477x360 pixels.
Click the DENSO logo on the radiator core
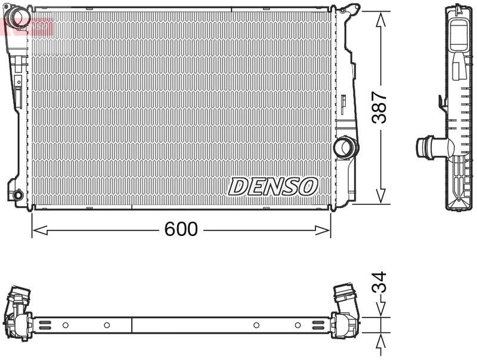[x=272, y=186]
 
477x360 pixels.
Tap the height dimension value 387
[x=379, y=107]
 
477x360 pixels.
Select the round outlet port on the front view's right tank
[x=345, y=147]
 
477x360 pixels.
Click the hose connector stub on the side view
[x=428, y=146]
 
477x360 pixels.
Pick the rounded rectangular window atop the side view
[x=459, y=35]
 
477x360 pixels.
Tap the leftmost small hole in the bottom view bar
[x=66, y=325]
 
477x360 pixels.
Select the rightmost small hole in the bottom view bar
[x=298, y=325]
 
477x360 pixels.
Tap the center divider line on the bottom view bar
[x=131, y=325]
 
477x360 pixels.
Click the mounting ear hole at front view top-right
[x=351, y=9]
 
